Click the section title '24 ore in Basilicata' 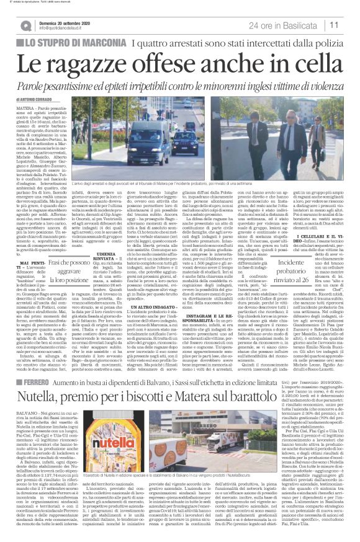(x=285, y=24)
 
